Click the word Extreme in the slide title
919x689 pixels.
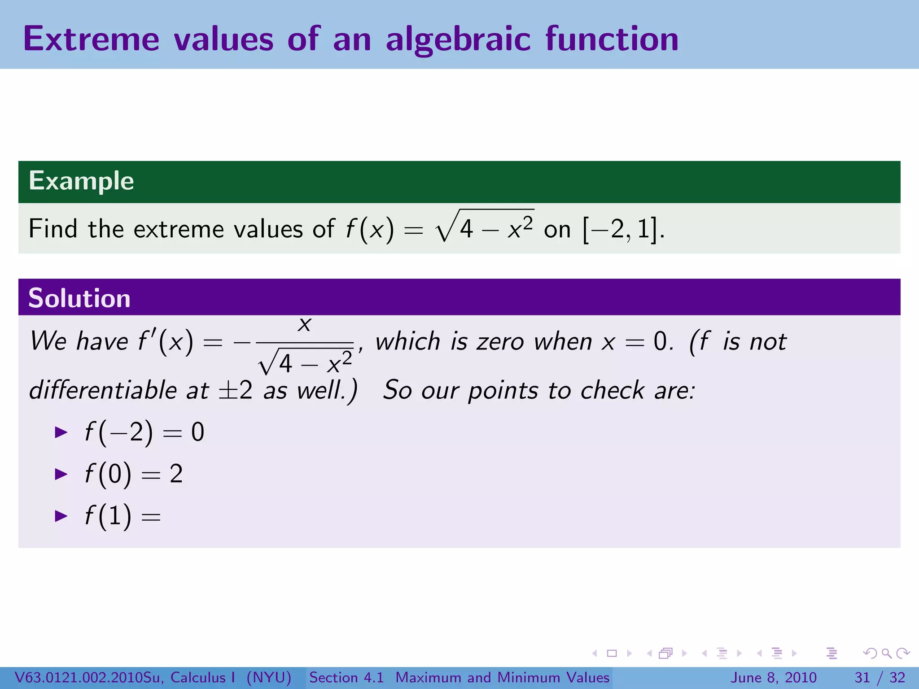91,39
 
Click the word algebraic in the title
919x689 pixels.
458,39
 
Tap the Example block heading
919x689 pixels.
81,181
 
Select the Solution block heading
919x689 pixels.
79,298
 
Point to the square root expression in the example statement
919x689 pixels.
485,227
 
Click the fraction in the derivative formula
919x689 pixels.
305,345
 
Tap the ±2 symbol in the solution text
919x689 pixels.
236,390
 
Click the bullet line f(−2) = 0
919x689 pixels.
144,432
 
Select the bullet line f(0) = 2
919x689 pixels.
133,474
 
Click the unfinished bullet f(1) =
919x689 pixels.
122,515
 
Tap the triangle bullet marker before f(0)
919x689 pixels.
61,474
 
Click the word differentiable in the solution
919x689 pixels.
103,390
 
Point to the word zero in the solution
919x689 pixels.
500,342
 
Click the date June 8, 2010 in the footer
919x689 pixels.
774,677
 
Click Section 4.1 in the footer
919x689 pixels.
346,677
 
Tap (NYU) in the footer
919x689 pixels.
269,677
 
